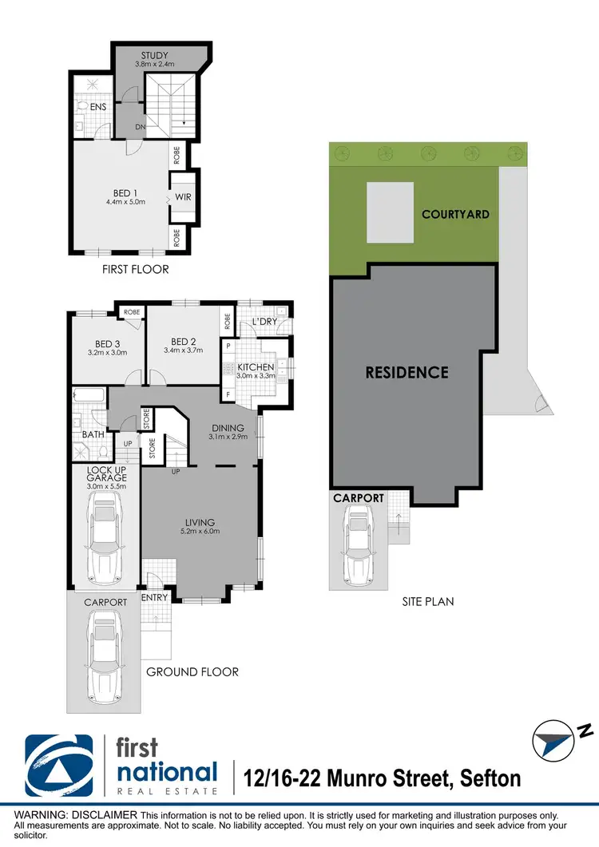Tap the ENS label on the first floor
point(98,106)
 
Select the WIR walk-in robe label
point(182,197)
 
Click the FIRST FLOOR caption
point(135,269)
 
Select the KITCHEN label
point(256,367)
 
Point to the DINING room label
point(228,428)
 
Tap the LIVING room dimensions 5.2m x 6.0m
point(198,532)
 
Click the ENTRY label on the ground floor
point(154,596)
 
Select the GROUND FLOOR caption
point(192,671)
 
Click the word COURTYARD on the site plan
point(455,214)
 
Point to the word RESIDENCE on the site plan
point(407,372)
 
